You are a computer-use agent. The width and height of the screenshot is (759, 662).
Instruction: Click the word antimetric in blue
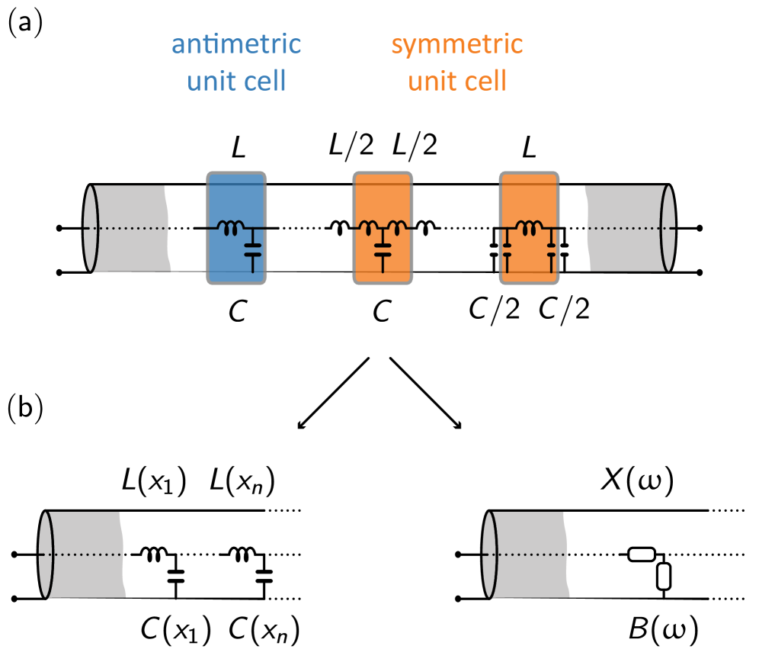click(236, 44)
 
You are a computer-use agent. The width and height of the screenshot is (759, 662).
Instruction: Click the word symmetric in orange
click(456, 44)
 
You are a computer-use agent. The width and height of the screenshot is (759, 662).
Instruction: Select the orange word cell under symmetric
click(483, 81)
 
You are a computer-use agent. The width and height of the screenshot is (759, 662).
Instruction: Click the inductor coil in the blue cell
click(230, 227)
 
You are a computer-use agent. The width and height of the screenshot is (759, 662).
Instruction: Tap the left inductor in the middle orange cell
click(370, 227)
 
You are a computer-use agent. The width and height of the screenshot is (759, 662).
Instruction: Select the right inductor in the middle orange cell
click(395, 227)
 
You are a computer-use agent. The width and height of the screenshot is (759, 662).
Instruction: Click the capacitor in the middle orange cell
click(383, 249)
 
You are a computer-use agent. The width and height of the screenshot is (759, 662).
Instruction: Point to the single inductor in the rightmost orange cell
click(529, 227)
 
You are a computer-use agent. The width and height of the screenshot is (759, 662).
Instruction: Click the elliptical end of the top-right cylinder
click(668, 228)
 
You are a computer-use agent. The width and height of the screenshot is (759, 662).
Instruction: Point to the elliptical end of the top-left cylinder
click(91, 228)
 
